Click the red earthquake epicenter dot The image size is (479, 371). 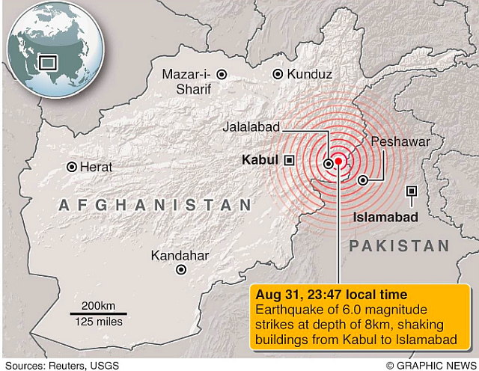click(x=338, y=161)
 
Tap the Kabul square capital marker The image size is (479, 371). click(x=289, y=160)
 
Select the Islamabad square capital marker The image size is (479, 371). click(x=411, y=191)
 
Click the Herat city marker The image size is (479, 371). click(x=72, y=168)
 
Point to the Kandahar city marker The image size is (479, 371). click(x=180, y=270)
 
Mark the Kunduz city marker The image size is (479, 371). click(x=278, y=74)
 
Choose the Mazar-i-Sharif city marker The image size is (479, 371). click(x=222, y=74)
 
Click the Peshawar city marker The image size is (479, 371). click(x=363, y=180)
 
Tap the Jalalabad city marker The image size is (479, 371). click(x=329, y=162)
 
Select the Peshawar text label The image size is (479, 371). click(x=400, y=141)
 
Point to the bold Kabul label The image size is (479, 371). click(x=260, y=160)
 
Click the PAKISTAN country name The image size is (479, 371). click(x=400, y=246)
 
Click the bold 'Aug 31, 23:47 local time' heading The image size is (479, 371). click(x=332, y=295)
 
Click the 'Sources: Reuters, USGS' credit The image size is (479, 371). click(x=56, y=364)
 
